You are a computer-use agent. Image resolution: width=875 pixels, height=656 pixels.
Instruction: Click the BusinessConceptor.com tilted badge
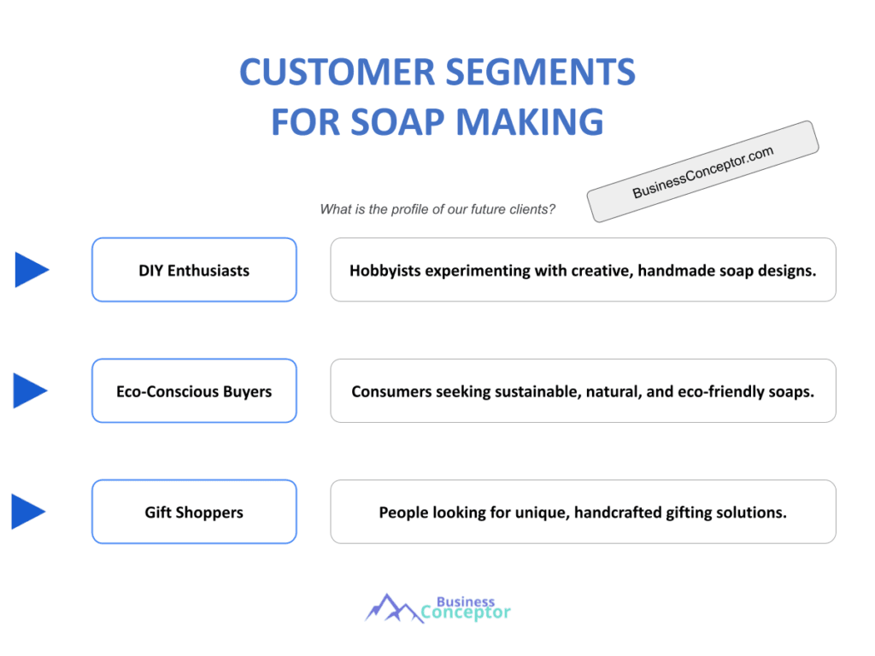pyautogui.click(x=702, y=172)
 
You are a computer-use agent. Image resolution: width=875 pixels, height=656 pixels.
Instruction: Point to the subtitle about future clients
pyautogui.click(x=437, y=209)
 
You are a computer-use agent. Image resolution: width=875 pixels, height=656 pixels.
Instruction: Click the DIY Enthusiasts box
pyautogui.click(x=194, y=270)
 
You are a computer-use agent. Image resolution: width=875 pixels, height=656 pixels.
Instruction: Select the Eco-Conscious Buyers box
pyautogui.click(x=194, y=391)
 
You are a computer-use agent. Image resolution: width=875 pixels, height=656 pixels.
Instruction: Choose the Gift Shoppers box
pyautogui.click(x=194, y=512)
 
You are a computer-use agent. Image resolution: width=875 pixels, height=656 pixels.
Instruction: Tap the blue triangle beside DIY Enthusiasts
pyautogui.click(x=30, y=270)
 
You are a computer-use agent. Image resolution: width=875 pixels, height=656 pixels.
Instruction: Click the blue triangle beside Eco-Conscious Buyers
pyautogui.click(x=30, y=390)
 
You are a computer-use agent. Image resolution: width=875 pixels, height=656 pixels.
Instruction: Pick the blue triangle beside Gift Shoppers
pyautogui.click(x=27, y=512)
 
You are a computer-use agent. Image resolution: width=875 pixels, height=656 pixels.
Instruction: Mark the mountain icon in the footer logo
pyautogui.click(x=392, y=608)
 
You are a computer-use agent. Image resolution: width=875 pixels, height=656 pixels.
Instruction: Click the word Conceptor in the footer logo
pyautogui.click(x=466, y=612)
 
